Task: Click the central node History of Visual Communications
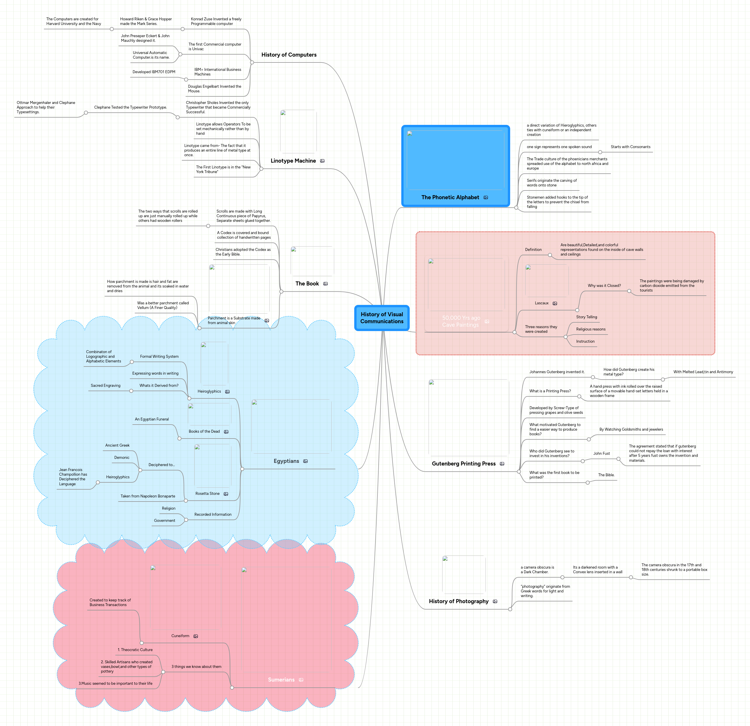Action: click(382, 318)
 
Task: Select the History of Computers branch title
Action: click(289, 55)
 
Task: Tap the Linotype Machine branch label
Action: click(293, 161)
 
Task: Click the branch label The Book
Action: click(307, 284)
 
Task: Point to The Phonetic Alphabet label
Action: click(450, 197)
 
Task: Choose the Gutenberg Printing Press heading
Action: click(463, 463)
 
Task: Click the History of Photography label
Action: click(458, 601)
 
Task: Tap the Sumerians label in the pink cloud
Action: click(281, 680)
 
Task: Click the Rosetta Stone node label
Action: click(207, 494)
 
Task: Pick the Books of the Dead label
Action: click(204, 432)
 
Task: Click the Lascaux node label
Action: click(542, 303)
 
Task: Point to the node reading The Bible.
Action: click(606, 475)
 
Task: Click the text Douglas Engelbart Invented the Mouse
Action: click(214, 89)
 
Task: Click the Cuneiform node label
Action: click(180, 636)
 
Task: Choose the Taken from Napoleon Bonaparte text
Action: click(148, 496)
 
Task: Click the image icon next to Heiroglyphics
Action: click(227, 392)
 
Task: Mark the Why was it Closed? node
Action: click(604, 286)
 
